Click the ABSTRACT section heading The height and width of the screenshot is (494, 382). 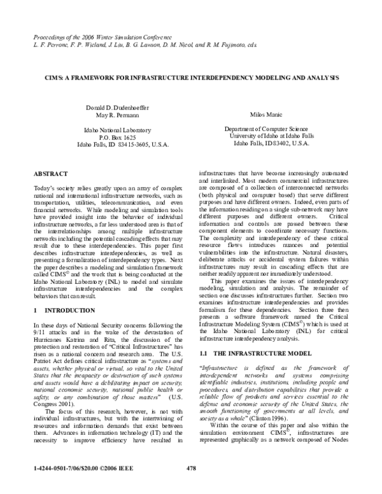(x=48, y=173)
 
